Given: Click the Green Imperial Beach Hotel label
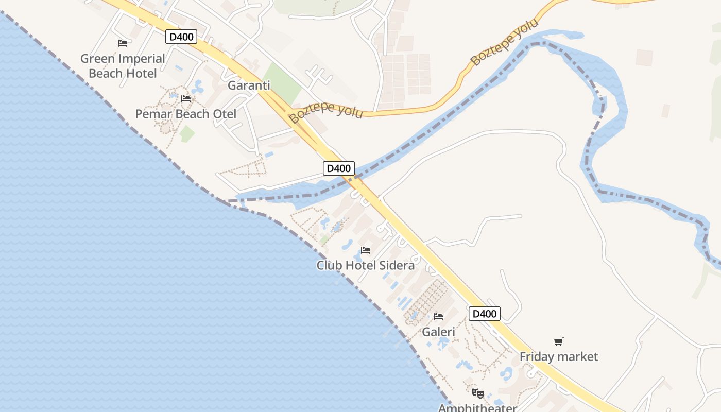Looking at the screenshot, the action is tap(123, 66).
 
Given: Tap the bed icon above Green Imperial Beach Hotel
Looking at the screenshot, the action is tap(123, 43).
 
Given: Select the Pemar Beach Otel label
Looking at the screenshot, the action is tap(185, 114).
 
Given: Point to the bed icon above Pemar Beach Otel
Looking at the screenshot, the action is tap(186, 98).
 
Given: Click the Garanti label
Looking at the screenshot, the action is tap(249, 85).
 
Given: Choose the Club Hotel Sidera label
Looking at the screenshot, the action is tap(365, 266).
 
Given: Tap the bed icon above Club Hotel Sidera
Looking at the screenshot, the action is tap(366, 250).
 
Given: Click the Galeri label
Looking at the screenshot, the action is tap(438, 332).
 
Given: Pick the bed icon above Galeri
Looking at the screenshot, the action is tap(438, 316).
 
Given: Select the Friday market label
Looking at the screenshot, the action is tap(559, 356).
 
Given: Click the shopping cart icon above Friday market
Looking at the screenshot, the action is tap(559, 341).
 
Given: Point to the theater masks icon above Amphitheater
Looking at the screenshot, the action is tap(478, 393).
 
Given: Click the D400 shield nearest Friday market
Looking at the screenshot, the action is tap(484, 314).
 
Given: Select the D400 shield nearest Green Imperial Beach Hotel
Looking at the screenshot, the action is tap(181, 37).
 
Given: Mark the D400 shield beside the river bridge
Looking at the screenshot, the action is tap(339, 168).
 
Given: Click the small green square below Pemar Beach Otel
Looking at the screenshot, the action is tap(187, 134).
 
